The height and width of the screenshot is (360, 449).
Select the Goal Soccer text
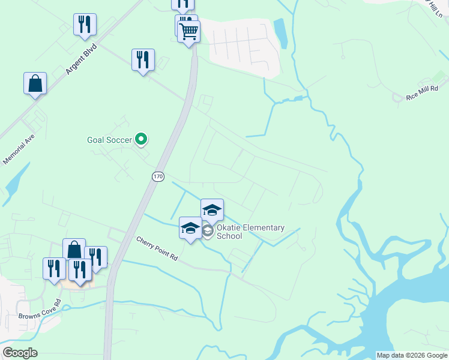coord(109,140)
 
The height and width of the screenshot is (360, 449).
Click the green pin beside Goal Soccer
coord(141,139)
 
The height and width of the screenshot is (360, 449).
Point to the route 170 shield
coord(157,176)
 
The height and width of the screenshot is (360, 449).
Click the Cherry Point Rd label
coord(157,249)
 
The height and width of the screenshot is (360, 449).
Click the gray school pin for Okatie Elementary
coord(208,232)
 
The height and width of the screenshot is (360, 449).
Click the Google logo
coord(20,353)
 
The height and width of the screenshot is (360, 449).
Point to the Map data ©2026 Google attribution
coord(412,355)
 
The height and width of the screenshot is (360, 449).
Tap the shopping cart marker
coord(189,31)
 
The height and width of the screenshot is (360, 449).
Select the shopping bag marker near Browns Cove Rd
coord(74,249)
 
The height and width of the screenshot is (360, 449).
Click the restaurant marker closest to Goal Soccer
coord(143,59)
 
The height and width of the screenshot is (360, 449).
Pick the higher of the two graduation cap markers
coord(212,209)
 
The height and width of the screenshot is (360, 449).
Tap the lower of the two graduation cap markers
coord(190,227)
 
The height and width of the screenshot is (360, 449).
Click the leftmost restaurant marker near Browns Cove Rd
coord(54,268)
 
